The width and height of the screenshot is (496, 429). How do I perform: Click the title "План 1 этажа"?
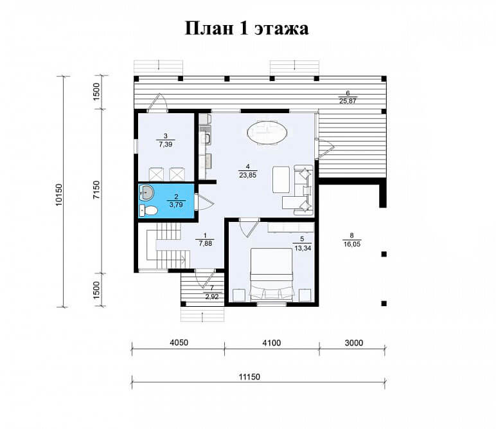click(x=247, y=28)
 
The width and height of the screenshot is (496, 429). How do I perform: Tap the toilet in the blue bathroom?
click(x=148, y=210)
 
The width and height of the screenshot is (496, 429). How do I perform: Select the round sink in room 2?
click(x=146, y=192)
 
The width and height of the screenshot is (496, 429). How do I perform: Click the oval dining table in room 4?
click(x=267, y=132)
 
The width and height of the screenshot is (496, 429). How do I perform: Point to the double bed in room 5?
click(x=271, y=274)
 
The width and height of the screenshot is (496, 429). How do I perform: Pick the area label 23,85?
click(x=248, y=175)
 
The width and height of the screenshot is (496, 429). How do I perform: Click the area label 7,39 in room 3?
click(x=166, y=144)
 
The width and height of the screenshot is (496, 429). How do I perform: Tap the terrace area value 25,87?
click(x=348, y=101)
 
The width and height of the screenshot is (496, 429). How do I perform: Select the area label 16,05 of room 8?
click(x=351, y=244)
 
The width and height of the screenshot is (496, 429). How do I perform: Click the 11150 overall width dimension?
click(x=249, y=376)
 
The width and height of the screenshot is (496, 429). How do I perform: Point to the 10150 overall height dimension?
click(x=59, y=195)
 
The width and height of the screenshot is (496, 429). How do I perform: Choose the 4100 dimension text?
click(x=271, y=343)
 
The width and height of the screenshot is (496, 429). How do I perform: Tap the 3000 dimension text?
click(x=353, y=343)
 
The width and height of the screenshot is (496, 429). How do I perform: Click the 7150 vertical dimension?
click(x=96, y=190)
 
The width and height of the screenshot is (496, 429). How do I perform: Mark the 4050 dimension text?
click(x=179, y=343)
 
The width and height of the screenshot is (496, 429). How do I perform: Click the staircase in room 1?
click(x=168, y=245)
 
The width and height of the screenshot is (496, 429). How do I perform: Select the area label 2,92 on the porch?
click(x=212, y=297)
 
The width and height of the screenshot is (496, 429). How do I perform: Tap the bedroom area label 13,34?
click(x=303, y=248)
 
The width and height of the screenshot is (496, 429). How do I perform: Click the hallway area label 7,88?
click(x=206, y=243)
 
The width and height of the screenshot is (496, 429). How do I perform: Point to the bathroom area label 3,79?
click(x=176, y=205)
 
